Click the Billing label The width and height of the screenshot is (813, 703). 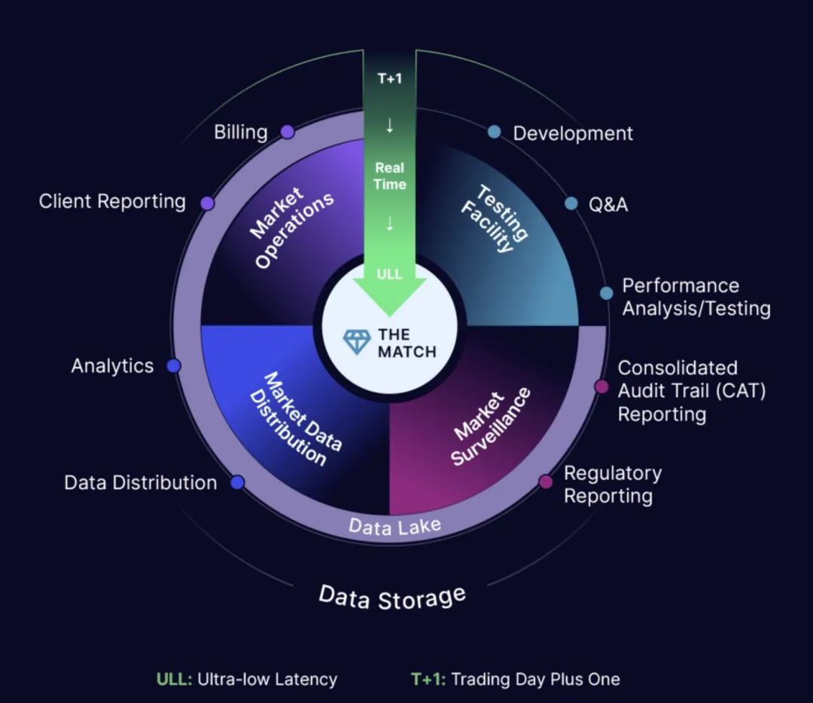[240, 133]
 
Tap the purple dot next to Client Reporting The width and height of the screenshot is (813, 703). [208, 203]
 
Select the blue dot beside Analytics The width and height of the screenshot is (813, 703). [173, 366]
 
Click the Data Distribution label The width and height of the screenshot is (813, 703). [140, 483]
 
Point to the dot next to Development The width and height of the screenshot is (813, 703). [494, 133]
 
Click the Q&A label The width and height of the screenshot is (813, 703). [607, 204]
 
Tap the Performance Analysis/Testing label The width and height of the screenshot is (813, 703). [696, 297]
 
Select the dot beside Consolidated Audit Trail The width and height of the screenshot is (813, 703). [601, 387]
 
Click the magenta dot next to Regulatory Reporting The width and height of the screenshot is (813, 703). [546, 482]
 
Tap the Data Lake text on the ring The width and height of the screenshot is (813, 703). [394, 526]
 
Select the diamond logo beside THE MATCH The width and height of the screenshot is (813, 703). [357, 342]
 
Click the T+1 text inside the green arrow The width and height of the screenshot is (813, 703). [389, 78]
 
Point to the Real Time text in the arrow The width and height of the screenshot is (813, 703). [390, 176]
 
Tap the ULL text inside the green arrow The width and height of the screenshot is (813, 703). [389, 274]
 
